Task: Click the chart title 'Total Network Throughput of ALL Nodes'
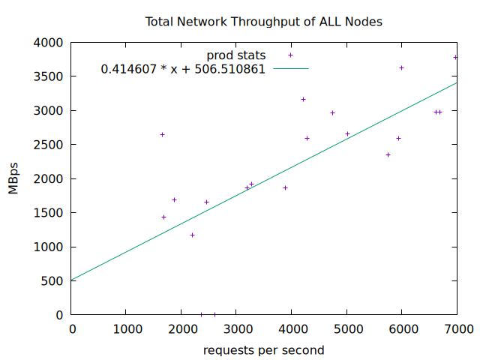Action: click(x=263, y=22)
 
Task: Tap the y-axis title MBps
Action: click(x=13, y=178)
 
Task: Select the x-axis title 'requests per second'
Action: click(x=263, y=350)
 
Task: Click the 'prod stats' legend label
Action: click(x=235, y=55)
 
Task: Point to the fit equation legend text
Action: click(x=183, y=69)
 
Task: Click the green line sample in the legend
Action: click(x=290, y=69)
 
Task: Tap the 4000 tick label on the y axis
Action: click(x=49, y=43)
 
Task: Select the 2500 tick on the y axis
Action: click(x=49, y=145)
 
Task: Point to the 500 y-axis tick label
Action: click(x=53, y=281)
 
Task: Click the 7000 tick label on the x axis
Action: click(x=457, y=328)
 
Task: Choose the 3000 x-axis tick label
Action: click(x=236, y=328)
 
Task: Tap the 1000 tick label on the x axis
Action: click(x=126, y=328)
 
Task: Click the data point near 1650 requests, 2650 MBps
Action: click(x=162, y=135)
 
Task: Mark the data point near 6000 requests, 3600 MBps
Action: click(x=401, y=68)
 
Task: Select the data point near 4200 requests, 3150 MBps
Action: click(x=303, y=99)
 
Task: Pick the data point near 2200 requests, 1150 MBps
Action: click(x=192, y=235)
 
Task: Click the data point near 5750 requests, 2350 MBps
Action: click(x=388, y=154)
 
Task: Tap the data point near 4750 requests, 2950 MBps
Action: click(x=332, y=113)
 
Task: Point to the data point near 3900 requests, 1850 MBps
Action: click(x=285, y=187)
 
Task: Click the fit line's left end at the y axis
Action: click(x=73, y=280)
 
